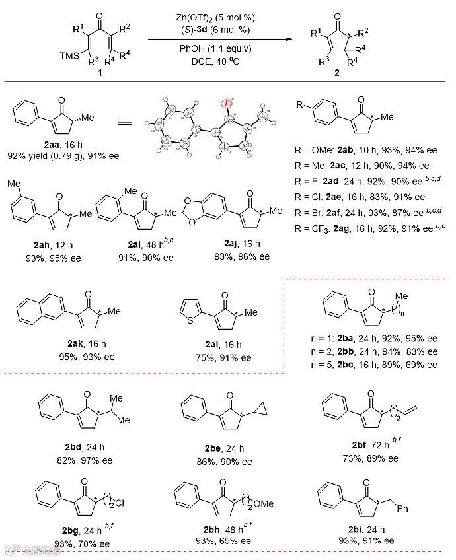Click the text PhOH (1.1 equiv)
pyautogui.click(x=217, y=48)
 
